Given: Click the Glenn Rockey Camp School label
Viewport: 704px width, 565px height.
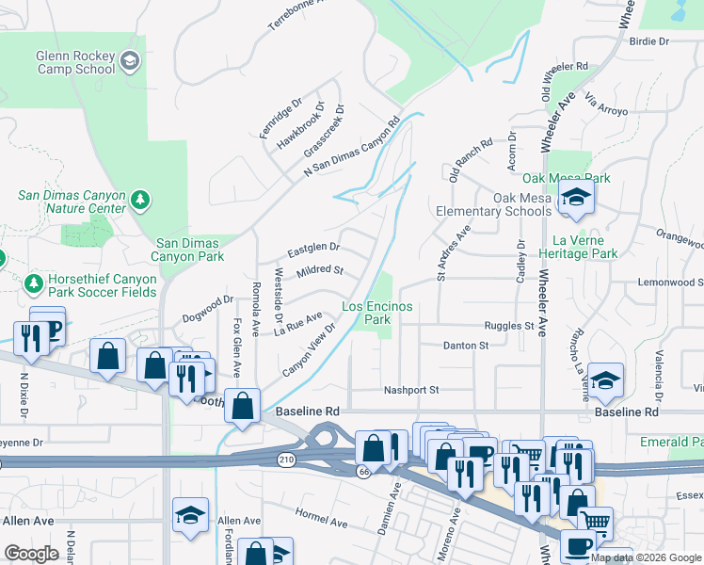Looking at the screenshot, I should [x=75, y=62].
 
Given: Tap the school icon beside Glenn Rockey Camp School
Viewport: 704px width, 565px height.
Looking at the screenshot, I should [x=130, y=62].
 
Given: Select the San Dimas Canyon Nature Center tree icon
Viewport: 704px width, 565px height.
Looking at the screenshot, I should [x=140, y=200].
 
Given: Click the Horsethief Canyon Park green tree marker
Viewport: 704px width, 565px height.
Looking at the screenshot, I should [x=34, y=282].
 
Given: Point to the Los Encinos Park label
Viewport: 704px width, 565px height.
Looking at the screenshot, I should [x=377, y=314].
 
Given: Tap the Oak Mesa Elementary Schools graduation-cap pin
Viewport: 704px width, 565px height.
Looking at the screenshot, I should [x=572, y=197].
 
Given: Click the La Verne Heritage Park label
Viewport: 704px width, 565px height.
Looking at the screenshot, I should [x=578, y=248].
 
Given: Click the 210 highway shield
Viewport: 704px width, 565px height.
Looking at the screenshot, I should [x=285, y=459].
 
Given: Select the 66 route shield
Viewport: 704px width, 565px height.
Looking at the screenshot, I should [x=362, y=469].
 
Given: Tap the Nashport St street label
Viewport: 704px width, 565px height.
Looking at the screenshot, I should [x=411, y=390].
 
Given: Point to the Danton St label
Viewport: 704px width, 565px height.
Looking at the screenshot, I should [x=466, y=346].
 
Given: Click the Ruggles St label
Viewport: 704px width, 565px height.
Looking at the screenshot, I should [x=509, y=326].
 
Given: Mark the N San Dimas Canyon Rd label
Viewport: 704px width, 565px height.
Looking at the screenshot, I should [x=352, y=149].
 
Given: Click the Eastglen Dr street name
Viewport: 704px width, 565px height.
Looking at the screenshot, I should [x=312, y=251].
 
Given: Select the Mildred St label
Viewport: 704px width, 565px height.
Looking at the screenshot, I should [x=320, y=271].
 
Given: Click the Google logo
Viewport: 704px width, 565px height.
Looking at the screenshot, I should [x=32, y=554].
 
